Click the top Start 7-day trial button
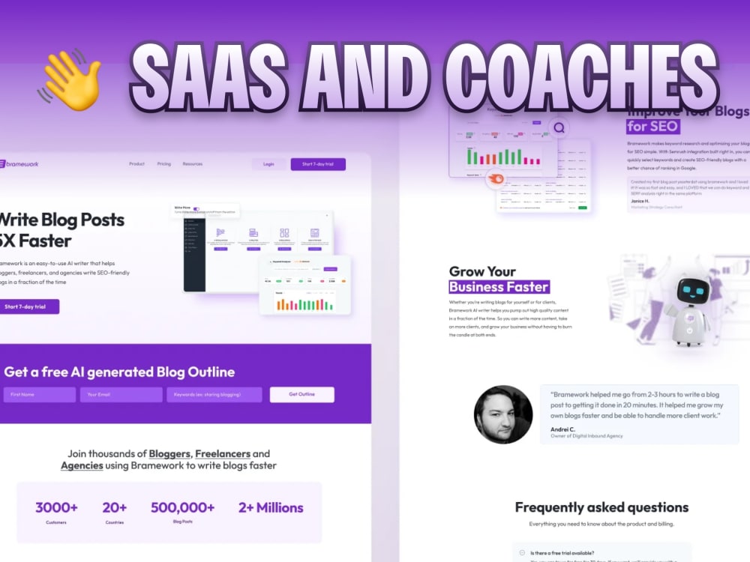318,164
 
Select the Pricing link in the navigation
163,164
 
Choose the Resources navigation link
193,164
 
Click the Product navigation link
136,164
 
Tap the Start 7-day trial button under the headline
27,306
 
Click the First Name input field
39,394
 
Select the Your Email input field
121,394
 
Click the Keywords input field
214,394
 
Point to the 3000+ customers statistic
56,508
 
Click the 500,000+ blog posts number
182,508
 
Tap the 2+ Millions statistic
271,508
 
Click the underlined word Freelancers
223,454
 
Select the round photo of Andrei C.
503,414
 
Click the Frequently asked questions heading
591,507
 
